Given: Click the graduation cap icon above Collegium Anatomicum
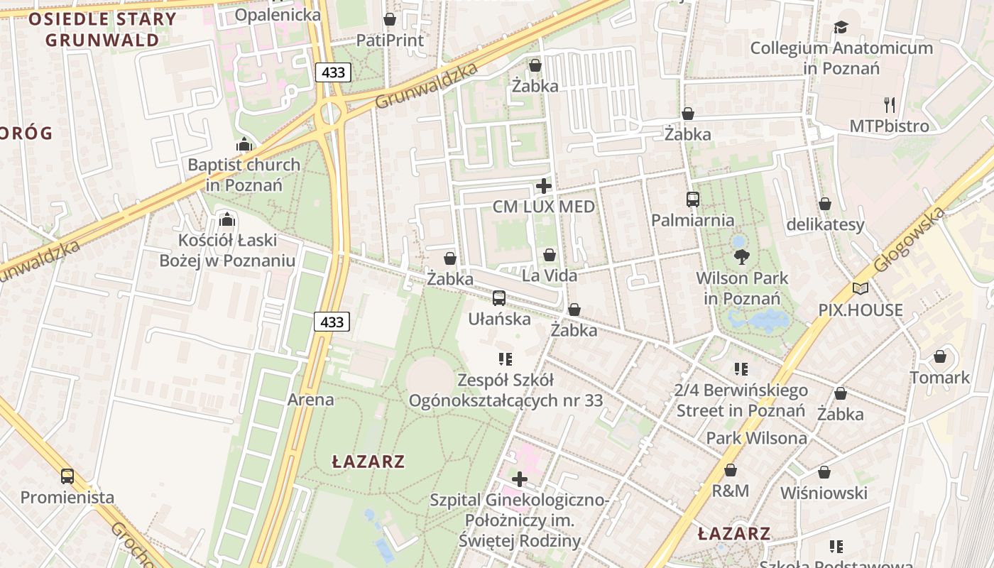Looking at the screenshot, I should pyautogui.click(x=841, y=28).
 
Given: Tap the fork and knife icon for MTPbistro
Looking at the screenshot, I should pyautogui.click(x=890, y=105).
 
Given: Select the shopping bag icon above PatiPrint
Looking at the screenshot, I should pyautogui.click(x=390, y=19).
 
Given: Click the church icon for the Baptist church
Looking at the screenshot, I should pyautogui.click(x=244, y=144).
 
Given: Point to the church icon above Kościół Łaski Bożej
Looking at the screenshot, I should pyautogui.click(x=227, y=219).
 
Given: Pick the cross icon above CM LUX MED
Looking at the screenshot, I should pyautogui.click(x=544, y=186).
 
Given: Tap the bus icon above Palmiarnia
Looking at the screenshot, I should pyautogui.click(x=693, y=200).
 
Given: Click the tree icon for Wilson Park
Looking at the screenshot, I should pyautogui.click(x=742, y=256).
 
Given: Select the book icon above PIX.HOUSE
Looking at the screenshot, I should pyautogui.click(x=861, y=289).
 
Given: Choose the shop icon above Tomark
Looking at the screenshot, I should pyautogui.click(x=940, y=356).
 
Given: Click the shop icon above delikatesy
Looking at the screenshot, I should pyautogui.click(x=825, y=204).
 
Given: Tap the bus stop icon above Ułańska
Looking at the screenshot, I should pyautogui.click(x=499, y=298).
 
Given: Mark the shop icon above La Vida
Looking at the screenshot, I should pyautogui.click(x=550, y=255).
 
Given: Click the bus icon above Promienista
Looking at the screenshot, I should pyautogui.click(x=67, y=476).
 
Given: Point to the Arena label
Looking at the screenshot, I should pyautogui.click(x=310, y=400).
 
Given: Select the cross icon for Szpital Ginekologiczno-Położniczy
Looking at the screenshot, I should pyautogui.click(x=520, y=479).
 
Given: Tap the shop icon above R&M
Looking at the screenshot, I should pyautogui.click(x=731, y=470).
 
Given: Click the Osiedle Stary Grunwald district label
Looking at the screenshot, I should pyautogui.click(x=102, y=29).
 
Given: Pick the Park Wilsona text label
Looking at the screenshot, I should pyautogui.click(x=756, y=438).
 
